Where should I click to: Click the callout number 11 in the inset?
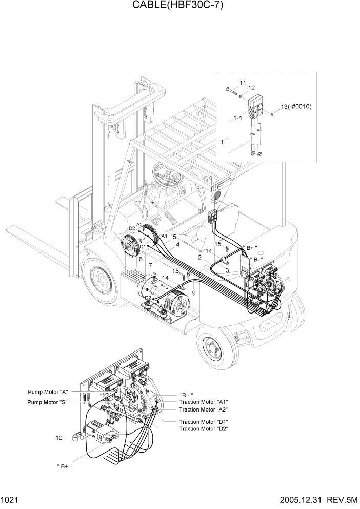point(243,83)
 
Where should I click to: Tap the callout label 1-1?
point(237,118)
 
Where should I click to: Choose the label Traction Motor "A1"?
point(203,402)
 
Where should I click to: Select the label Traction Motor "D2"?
point(203,428)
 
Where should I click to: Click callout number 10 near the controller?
point(60,438)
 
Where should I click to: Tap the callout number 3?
point(227,270)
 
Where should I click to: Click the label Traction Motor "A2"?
point(203,409)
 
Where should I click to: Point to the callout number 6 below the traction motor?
point(140,259)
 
